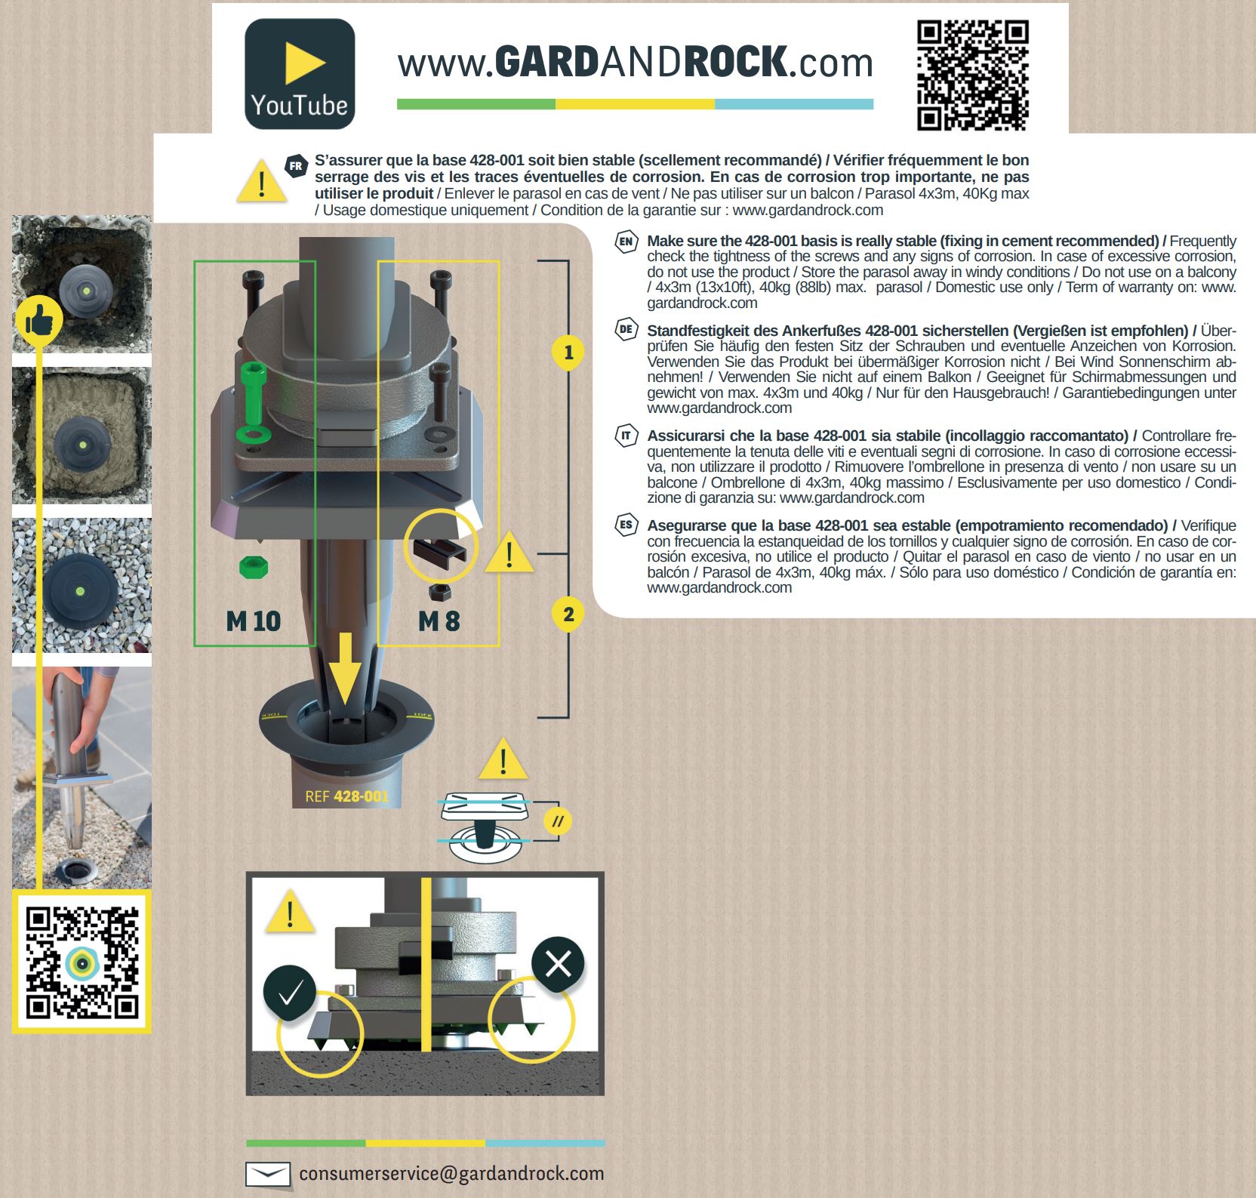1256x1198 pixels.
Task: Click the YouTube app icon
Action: coord(300,74)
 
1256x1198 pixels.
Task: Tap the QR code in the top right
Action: coord(973,76)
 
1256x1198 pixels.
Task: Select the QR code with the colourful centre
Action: coord(82,962)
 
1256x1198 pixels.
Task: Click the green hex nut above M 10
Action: coord(253,568)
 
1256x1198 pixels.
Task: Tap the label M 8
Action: coord(439,621)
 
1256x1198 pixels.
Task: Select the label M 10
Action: coord(254,621)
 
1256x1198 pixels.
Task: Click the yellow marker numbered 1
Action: coord(568,353)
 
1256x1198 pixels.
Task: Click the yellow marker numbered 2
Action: coord(568,614)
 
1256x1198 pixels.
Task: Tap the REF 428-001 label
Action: coord(346,796)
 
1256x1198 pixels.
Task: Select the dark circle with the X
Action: coord(558,964)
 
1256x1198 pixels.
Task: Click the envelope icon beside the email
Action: coord(268,1175)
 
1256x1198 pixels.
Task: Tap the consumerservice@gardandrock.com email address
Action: coord(451,1174)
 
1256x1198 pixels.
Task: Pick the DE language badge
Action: coord(626,330)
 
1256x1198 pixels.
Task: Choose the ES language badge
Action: coord(626,525)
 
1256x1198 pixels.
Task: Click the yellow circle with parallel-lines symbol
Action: coord(557,821)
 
